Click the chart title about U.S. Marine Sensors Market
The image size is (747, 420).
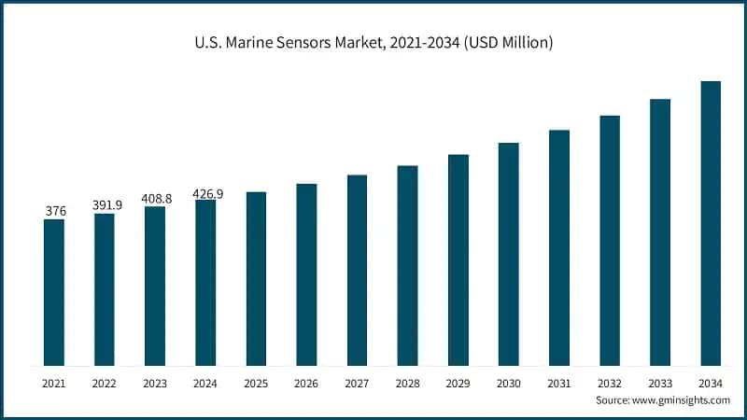(x=373, y=42)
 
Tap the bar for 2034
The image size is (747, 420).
(x=711, y=223)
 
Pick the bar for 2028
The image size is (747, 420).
(x=407, y=266)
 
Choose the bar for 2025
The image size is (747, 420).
(x=256, y=279)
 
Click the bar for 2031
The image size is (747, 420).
(x=559, y=247)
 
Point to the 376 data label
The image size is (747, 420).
(x=55, y=211)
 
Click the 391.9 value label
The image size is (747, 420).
(x=105, y=204)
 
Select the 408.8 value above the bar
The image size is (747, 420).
(x=155, y=198)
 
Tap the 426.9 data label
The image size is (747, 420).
(x=206, y=193)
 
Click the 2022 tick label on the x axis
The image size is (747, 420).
(x=105, y=383)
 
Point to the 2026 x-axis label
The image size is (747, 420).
(x=306, y=383)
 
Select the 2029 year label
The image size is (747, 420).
(x=458, y=383)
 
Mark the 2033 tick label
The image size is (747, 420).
(x=660, y=383)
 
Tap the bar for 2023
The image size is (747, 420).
(x=155, y=286)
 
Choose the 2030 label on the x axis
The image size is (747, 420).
(x=508, y=383)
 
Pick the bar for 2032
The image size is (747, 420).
(x=610, y=241)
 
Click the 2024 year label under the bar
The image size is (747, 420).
(x=205, y=383)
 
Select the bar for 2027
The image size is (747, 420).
(x=357, y=271)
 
